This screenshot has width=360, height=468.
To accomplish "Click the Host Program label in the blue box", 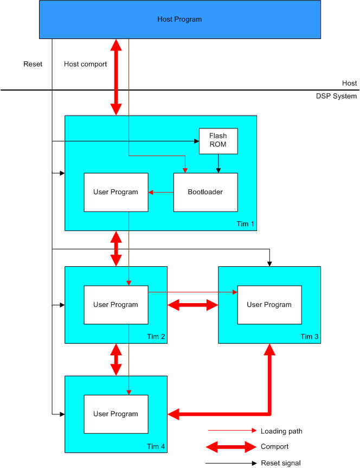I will pos(179,20).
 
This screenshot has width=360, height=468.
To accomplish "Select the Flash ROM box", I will pos(217,141).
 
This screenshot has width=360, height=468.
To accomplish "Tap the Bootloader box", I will pos(205,192).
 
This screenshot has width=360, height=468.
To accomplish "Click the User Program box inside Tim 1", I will pos(116,192).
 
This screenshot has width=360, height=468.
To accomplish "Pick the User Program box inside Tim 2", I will pos(116,305).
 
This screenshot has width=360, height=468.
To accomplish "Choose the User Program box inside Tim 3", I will pos(269,305).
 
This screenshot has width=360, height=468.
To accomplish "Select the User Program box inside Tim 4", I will pos(116,414).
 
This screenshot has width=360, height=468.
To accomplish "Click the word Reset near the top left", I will pos(33,64).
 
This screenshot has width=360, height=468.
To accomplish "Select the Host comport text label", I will pos(85,64).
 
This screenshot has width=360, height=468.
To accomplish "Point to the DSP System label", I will pos(336,96).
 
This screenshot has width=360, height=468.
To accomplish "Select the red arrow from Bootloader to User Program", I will pos(161,192).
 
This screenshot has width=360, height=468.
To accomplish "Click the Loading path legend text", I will pos(281,431).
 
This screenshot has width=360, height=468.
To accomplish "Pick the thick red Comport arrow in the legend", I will pos(230,447).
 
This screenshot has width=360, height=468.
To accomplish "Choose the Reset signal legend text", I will pos(280,463).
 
